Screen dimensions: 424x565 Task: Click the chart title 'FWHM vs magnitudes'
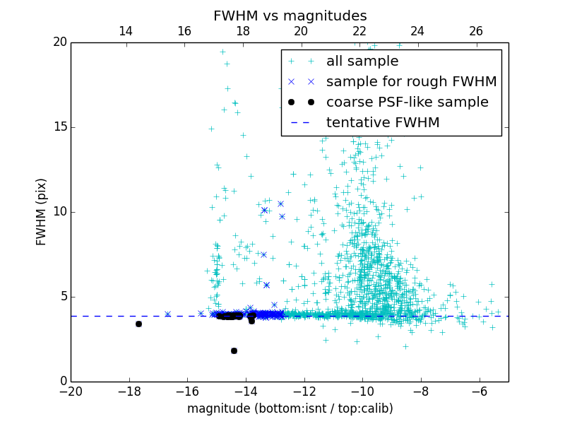click(x=290, y=16)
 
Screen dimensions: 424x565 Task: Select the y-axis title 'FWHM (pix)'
click(x=41, y=211)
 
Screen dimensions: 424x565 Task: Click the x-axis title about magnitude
click(x=290, y=408)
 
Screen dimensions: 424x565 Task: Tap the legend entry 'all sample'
click(x=362, y=61)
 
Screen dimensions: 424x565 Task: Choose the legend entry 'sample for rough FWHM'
click(x=411, y=82)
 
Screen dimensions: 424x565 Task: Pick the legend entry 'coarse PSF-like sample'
click(x=407, y=102)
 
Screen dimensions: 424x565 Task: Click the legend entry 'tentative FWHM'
click(x=383, y=123)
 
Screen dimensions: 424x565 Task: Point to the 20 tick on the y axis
click(x=59, y=42)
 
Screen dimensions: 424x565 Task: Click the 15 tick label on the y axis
click(x=59, y=127)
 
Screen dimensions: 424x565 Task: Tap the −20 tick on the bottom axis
click(x=71, y=391)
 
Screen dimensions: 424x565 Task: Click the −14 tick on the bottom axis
click(x=246, y=391)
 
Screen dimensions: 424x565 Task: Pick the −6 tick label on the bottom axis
click(x=480, y=391)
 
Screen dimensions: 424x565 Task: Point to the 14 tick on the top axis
click(x=126, y=31)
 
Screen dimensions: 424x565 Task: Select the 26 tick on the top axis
click(x=476, y=31)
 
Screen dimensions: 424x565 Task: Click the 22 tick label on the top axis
click(x=359, y=31)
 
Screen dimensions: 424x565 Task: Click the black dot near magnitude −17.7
click(x=138, y=324)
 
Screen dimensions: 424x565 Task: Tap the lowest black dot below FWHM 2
click(x=234, y=351)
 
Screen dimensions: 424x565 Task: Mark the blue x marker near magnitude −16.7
click(x=167, y=314)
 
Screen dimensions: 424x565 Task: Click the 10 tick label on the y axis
click(x=59, y=212)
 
